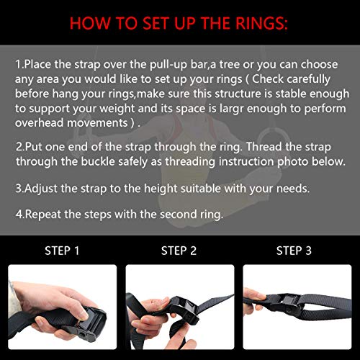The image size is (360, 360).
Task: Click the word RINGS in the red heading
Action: tap(261, 23)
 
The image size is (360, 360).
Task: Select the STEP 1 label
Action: tap(62, 251)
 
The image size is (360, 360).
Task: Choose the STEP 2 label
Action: tap(179, 251)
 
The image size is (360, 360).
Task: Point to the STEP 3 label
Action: tap(294, 251)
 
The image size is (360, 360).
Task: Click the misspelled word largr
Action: tap(231, 109)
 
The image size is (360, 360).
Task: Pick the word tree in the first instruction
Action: tap(230, 65)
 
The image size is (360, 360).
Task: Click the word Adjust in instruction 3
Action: tap(41, 189)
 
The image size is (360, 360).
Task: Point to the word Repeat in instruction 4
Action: tap(42, 215)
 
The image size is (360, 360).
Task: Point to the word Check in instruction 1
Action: tap(268, 79)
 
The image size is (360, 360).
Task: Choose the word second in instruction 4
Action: tap(178, 214)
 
